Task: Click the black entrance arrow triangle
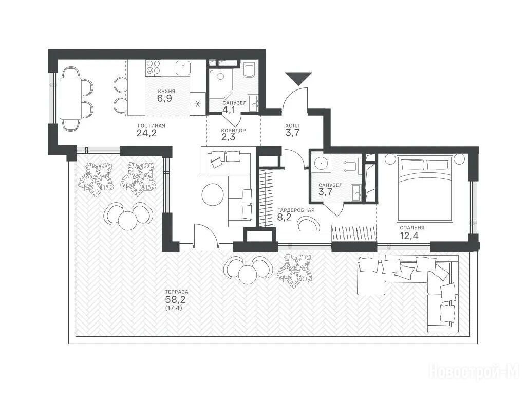pyautogui.click(x=298, y=78)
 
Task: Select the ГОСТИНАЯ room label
pyautogui.click(x=152, y=125)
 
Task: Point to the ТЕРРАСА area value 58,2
pyautogui.click(x=175, y=299)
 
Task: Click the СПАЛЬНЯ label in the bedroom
pyautogui.click(x=412, y=228)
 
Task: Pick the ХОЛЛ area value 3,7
pyautogui.click(x=292, y=133)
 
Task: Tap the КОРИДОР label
pyautogui.click(x=234, y=130)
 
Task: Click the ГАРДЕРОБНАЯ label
pyautogui.click(x=296, y=210)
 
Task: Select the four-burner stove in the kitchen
pyautogui.click(x=154, y=67)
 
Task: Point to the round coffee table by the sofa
pyautogui.click(x=213, y=194)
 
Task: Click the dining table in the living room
pyautogui.click(x=70, y=98)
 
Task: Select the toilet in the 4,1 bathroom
pyautogui.click(x=249, y=69)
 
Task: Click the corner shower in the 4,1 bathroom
pyautogui.click(x=220, y=83)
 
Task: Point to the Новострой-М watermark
pyautogui.click(x=474, y=372)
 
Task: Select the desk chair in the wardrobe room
pyautogui.click(x=309, y=223)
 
